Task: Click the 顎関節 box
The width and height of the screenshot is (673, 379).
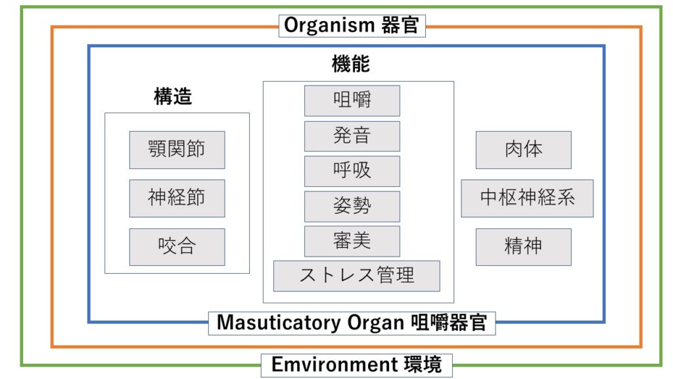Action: pyautogui.click(x=177, y=149)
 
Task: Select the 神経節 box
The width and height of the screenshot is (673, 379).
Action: pyautogui.click(x=177, y=198)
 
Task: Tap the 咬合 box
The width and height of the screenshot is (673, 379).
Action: pyautogui.click(x=177, y=247)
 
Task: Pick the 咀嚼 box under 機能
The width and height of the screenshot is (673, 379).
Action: pyautogui.click(x=352, y=101)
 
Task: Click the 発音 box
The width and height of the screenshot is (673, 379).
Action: pyautogui.click(x=352, y=136)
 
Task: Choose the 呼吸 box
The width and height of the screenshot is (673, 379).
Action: pyautogui.click(x=352, y=171)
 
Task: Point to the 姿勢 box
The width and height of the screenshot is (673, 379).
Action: pyautogui.click(x=352, y=206)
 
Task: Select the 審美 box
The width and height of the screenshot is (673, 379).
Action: pyautogui.click(x=352, y=241)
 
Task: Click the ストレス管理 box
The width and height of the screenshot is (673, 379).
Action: pyautogui.click(x=356, y=276)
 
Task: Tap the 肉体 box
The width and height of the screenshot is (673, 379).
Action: pyautogui.click(x=523, y=149)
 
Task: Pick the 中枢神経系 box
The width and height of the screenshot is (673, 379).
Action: pyautogui.click(x=526, y=198)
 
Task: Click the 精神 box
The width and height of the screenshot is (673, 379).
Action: pyautogui.click(x=523, y=247)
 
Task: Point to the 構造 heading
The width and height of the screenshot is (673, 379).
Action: pyautogui.click(x=173, y=97)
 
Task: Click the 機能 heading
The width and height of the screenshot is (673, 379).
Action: pyautogui.click(x=351, y=64)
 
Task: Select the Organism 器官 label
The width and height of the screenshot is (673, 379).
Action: pyautogui.click(x=352, y=26)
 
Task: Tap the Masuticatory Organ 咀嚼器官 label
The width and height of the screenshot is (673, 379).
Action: pyautogui.click(x=352, y=323)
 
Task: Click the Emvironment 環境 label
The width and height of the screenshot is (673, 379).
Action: pyautogui.click(x=356, y=365)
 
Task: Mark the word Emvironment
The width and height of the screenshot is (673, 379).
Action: pyautogui.click(x=329, y=365)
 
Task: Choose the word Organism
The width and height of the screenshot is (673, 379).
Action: pyautogui.click(x=329, y=26)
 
